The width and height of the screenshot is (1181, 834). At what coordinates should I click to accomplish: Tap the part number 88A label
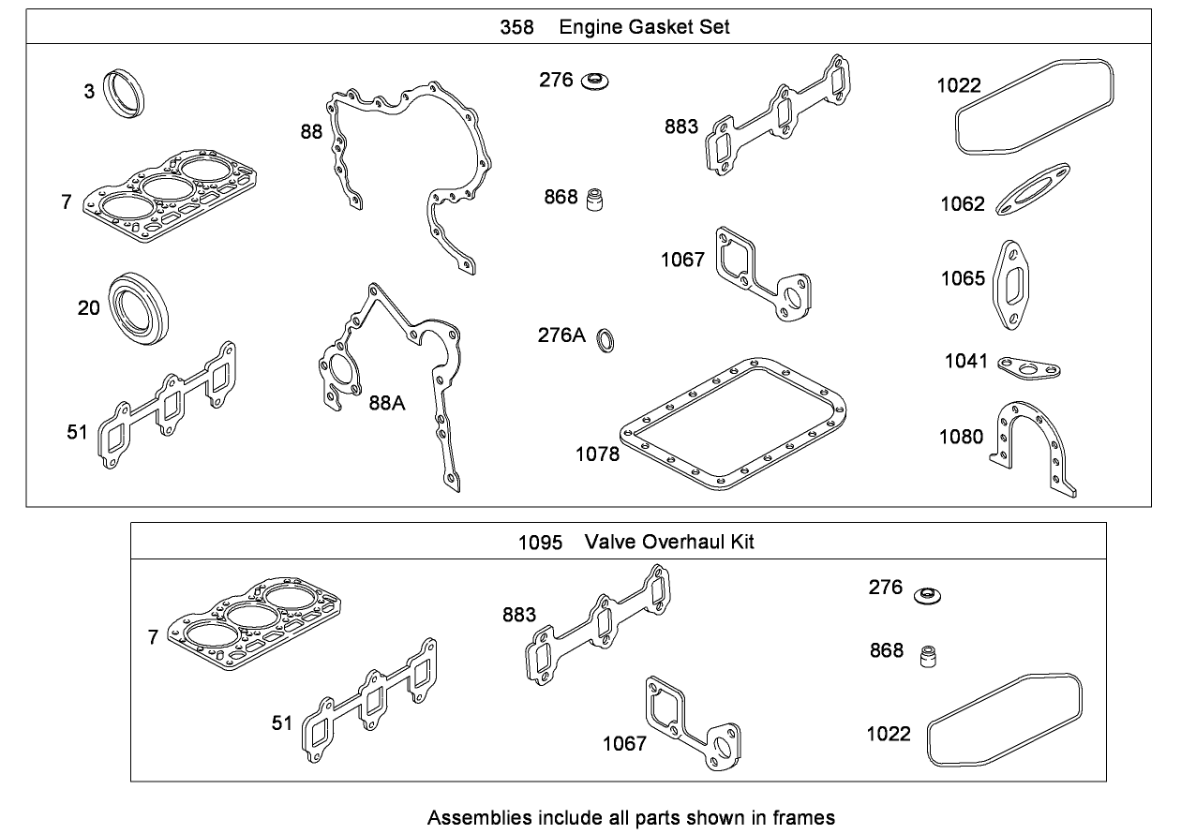coord(387,402)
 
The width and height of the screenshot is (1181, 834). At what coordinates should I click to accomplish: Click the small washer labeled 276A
coord(606,341)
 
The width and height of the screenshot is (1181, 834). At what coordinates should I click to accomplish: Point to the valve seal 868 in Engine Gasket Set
coord(592,200)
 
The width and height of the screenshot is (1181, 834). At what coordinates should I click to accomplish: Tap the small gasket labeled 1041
coord(1027,366)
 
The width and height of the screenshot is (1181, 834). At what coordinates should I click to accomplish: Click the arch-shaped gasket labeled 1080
coord(1031,450)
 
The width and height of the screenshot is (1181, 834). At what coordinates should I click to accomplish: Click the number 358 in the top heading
coord(516,27)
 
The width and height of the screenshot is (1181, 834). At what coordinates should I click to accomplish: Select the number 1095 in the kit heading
coord(540,542)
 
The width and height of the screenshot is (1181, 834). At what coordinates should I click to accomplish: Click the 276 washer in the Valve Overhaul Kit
coord(927,595)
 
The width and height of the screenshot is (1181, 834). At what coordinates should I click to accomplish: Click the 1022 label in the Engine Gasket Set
coord(958,86)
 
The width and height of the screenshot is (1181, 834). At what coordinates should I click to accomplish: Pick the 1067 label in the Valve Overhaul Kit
coord(624,743)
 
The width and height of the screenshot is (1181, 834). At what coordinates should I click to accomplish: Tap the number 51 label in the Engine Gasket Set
coord(77,432)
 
